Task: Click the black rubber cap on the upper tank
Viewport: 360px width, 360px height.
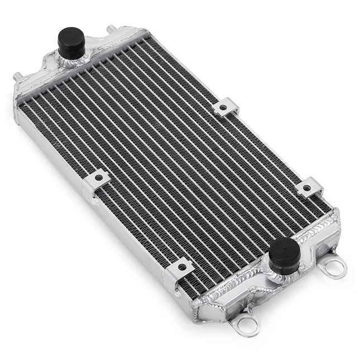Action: click(x=71, y=41)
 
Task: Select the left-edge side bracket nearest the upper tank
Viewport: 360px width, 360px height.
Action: click(x=97, y=180)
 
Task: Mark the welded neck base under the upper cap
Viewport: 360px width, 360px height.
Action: click(x=73, y=59)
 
